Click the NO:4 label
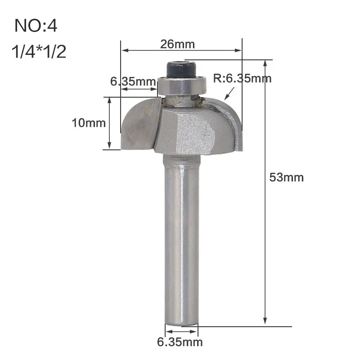36,26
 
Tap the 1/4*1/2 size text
39,51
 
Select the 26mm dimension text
177,44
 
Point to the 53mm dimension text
286,177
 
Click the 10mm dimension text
89,123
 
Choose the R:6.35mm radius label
242,78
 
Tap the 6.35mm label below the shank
180,342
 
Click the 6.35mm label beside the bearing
133,81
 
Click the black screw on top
181,69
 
